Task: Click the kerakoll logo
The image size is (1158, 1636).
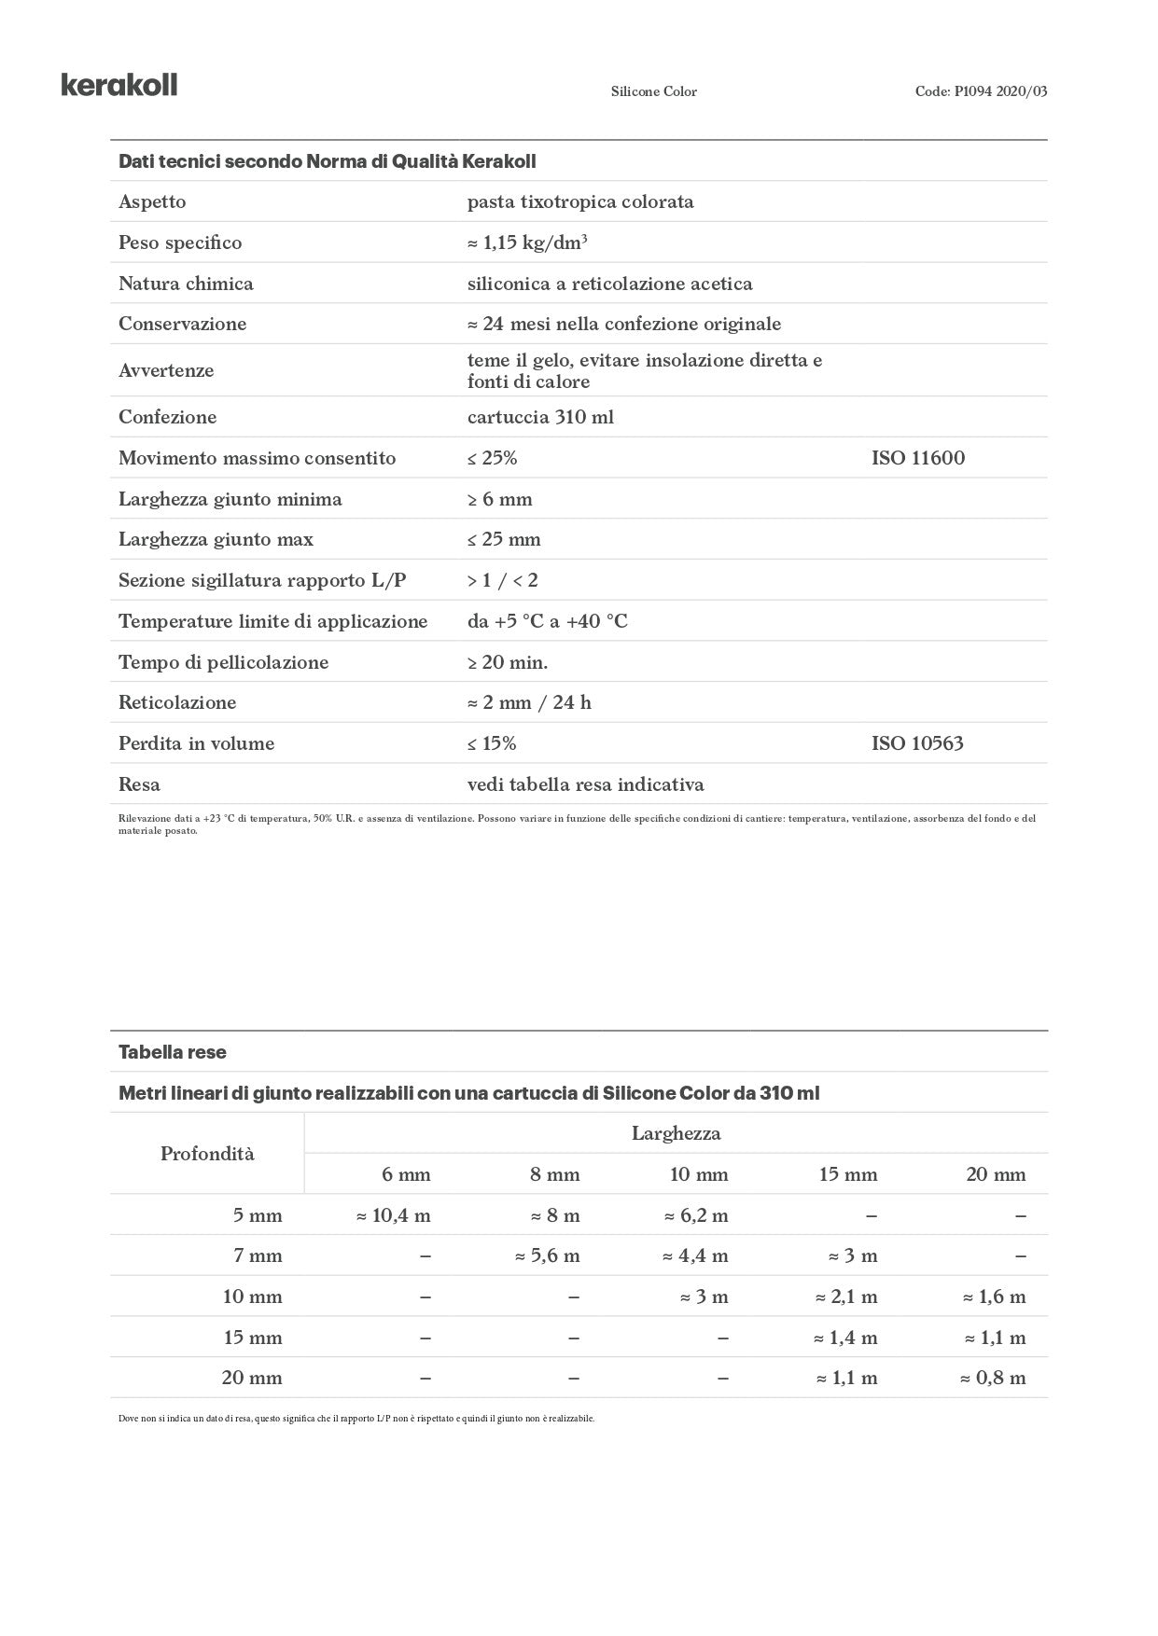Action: (119, 85)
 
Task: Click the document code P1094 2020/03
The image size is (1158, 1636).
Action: (981, 91)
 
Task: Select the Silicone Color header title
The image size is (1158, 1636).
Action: (653, 91)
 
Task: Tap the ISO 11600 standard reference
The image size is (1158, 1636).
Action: (917, 458)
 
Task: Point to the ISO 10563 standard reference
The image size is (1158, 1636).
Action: (916, 743)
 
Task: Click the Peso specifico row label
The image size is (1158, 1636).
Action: (180, 243)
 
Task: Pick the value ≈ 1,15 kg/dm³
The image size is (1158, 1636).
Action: (527, 243)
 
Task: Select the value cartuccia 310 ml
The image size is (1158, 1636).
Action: (540, 417)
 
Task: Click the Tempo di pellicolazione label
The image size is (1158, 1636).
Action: (223, 662)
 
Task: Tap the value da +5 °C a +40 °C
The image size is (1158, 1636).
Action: (547, 621)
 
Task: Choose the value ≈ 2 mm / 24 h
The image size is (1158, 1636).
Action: (529, 702)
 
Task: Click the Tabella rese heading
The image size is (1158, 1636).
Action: (173, 1052)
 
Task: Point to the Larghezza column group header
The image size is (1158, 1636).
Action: (676, 1133)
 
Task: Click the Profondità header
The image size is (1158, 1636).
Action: (207, 1154)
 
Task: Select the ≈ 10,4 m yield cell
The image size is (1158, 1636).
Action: (394, 1215)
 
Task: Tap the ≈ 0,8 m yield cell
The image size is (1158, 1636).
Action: (993, 1378)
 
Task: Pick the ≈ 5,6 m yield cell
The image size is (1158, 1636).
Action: (548, 1256)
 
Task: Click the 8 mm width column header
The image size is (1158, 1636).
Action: (554, 1174)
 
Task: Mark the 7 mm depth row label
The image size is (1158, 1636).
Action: (258, 1256)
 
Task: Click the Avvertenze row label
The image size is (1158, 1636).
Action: (166, 370)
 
